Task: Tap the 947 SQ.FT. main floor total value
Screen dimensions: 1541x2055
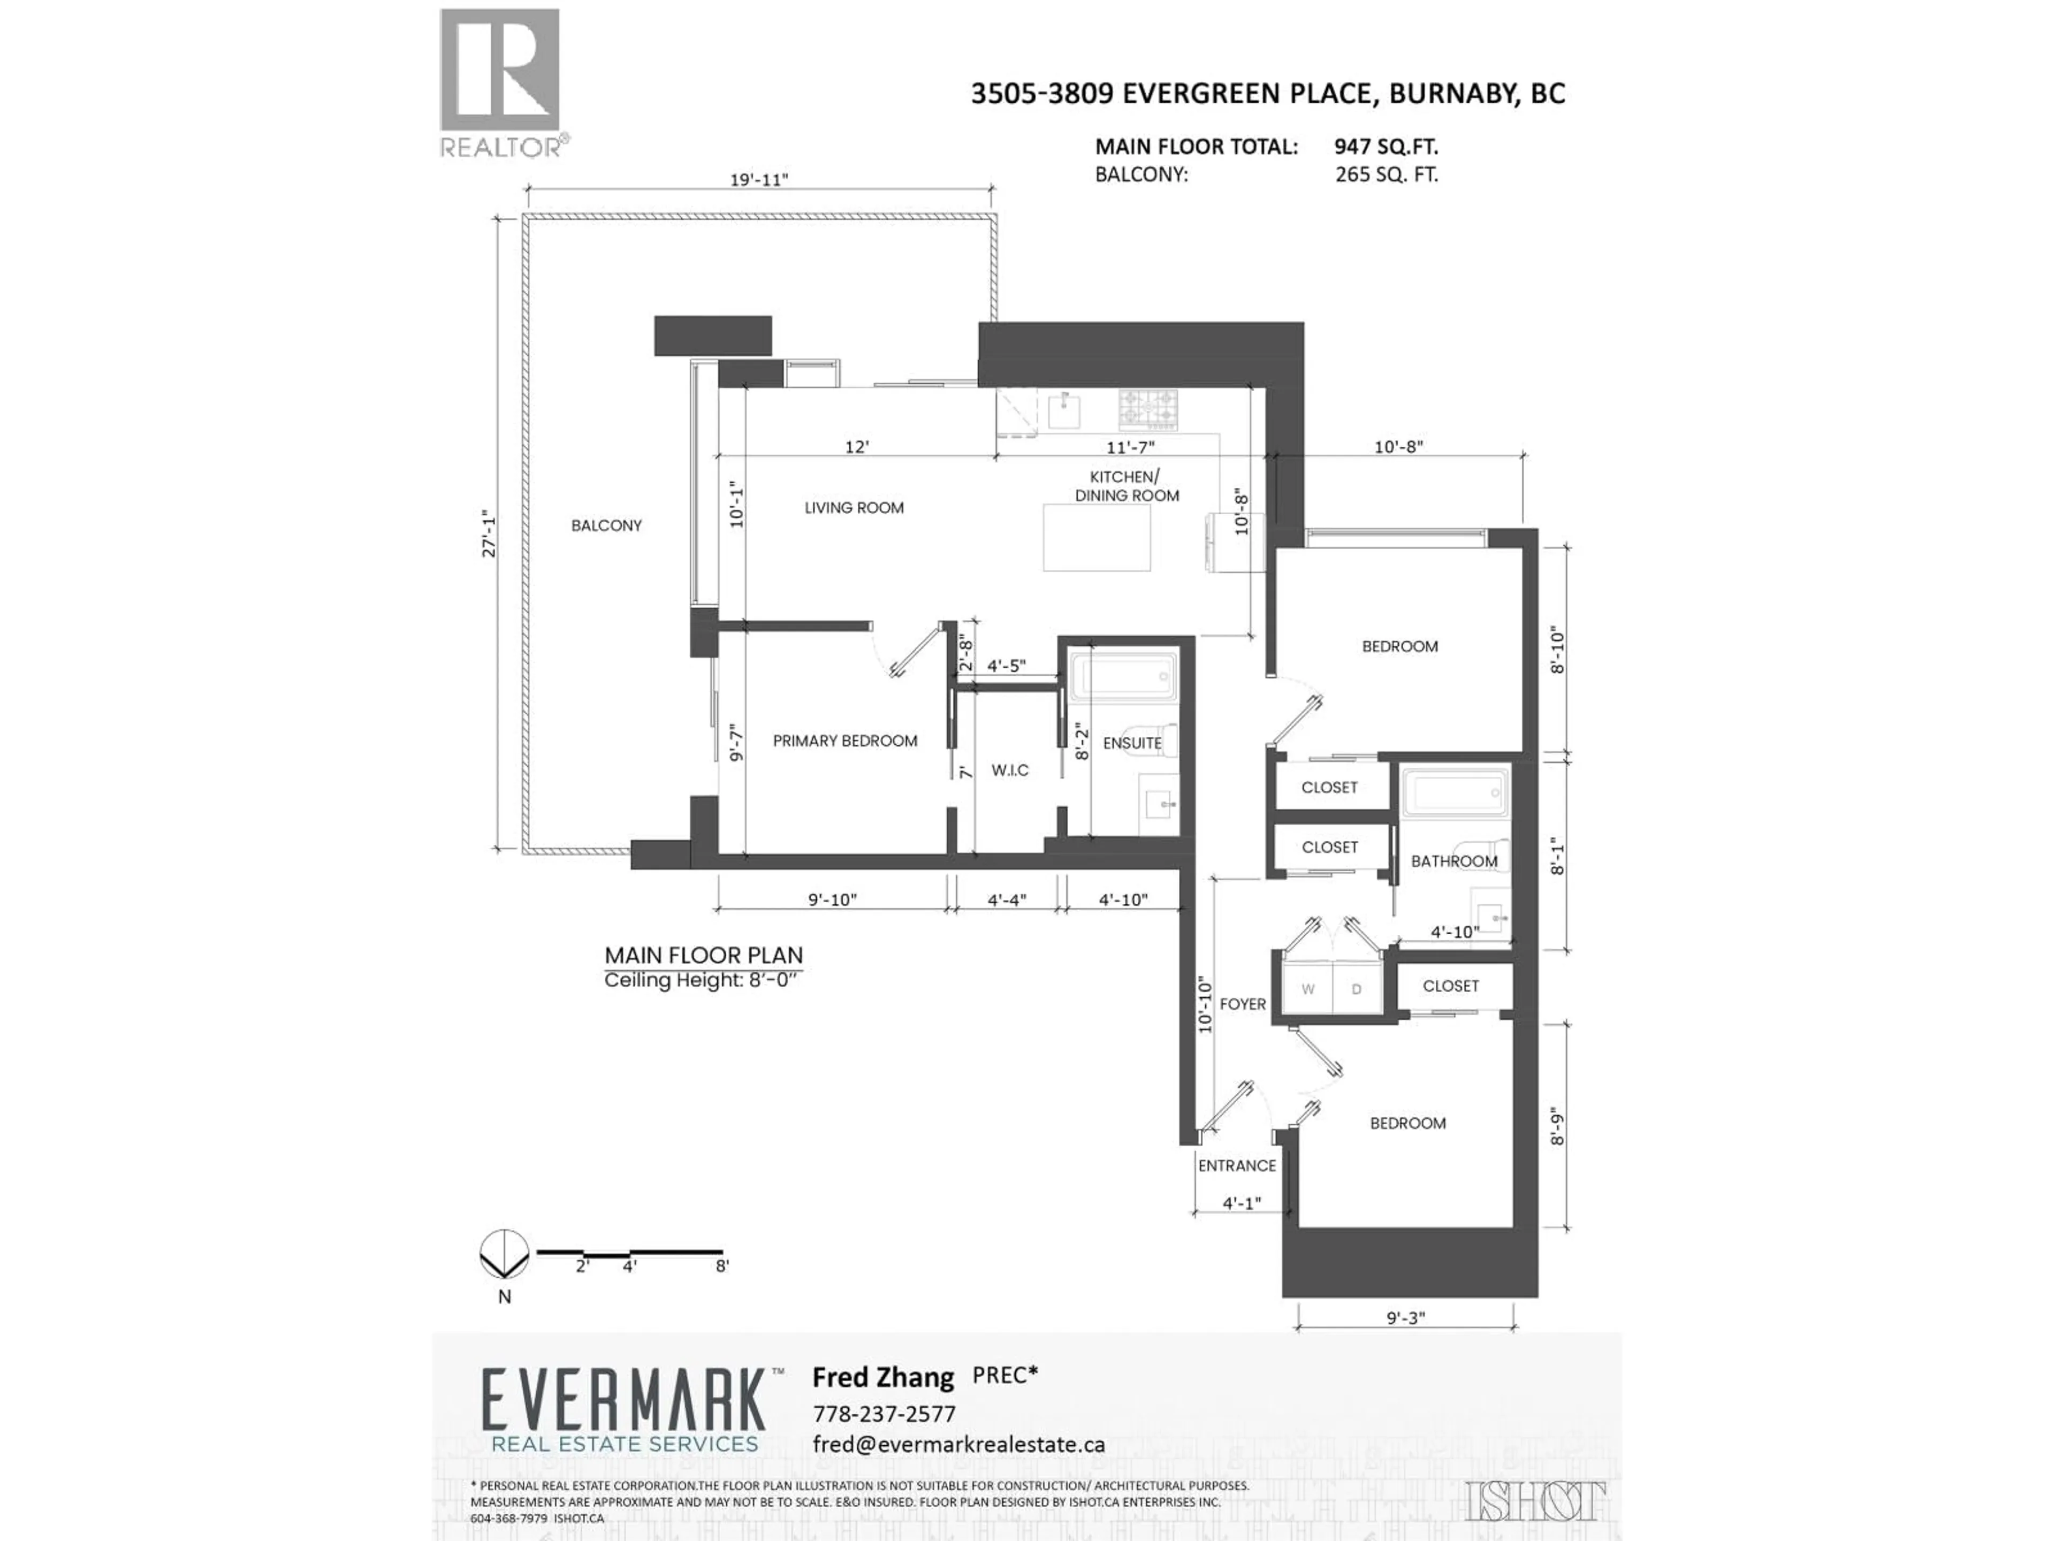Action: [x=1385, y=146]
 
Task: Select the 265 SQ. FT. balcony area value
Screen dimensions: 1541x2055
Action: [x=1386, y=174]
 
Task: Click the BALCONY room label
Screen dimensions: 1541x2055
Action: [x=606, y=526]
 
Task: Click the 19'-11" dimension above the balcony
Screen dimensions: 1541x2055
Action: [x=758, y=179]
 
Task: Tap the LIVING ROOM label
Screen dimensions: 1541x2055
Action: [x=853, y=508]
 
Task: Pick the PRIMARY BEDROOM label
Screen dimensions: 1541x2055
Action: [x=844, y=741]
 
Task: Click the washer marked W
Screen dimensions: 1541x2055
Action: [x=1307, y=989]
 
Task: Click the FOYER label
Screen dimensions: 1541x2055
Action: [x=1242, y=1004]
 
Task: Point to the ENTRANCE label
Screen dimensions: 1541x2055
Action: [x=1237, y=1166]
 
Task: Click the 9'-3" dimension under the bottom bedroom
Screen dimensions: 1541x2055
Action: [x=1405, y=1317]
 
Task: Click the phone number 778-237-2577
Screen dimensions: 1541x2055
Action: [x=884, y=1414]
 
